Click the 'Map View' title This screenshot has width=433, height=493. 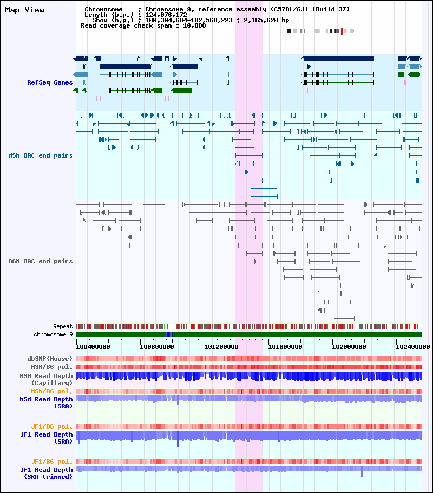point(24,10)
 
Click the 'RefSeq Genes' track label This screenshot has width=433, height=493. point(50,82)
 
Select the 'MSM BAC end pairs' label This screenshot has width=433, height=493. point(40,155)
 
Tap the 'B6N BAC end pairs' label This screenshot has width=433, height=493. point(40,261)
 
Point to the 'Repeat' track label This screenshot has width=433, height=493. point(63,326)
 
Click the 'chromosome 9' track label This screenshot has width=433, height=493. point(53,335)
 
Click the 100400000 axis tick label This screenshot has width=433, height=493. point(93,347)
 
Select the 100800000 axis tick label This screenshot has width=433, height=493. point(157,347)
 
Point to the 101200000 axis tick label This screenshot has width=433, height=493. point(221,347)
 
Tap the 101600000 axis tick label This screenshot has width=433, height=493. point(285,347)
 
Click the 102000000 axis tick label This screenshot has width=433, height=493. point(349,347)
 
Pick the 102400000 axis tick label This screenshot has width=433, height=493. point(413,347)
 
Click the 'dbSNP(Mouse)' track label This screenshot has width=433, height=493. point(50,359)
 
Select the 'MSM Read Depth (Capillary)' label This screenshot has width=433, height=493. point(46,379)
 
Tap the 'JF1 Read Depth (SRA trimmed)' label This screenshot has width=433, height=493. point(46,473)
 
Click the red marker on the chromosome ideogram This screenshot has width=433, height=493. point(342,31)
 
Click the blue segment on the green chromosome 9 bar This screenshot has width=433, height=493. point(169,335)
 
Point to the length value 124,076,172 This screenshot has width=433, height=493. point(166,15)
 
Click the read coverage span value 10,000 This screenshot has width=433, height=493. point(194,25)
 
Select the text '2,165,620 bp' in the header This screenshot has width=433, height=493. point(266,20)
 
